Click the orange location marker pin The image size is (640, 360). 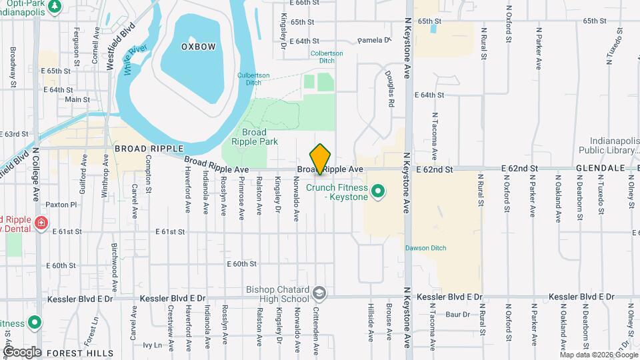click(x=321, y=159)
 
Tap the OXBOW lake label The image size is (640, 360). click(x=198, y=46)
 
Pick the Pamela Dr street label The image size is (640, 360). click(x=373, y=41)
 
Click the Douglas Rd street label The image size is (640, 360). click(x=391, y=91)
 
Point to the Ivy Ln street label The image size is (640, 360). click(x=153, y=345)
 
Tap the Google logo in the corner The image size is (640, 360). click(x=22, y=351)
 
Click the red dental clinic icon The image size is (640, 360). click(x=41, y=223)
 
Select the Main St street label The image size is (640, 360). click(x=77, y=99)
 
